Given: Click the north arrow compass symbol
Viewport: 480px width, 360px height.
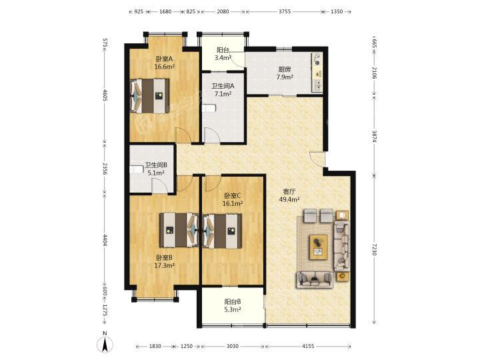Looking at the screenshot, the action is click(x=105, y=344).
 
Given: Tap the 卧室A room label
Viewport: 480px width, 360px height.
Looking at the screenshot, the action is click(x=165, y=59).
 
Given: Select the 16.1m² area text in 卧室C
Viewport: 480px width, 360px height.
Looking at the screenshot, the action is click(x=233, y=203).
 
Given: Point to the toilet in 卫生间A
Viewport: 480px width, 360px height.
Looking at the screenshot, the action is click(x=209, y=108).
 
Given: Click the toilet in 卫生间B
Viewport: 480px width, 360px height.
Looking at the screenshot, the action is click(x=137, y=169).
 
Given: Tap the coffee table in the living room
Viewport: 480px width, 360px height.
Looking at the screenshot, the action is click(x=319, y=247).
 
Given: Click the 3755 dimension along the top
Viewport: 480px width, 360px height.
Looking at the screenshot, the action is click(x=285, y=11).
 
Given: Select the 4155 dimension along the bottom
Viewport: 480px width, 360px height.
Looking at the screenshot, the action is click(x=308, y=346).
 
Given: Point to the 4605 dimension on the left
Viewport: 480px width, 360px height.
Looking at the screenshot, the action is click(x=105, y=95).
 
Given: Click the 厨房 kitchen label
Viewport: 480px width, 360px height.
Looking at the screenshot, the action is click(x=285, y=69).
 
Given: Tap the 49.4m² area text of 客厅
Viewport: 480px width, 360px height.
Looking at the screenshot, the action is click(x=289, y=199).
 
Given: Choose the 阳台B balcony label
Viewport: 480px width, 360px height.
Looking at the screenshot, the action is click(x=233, y=302).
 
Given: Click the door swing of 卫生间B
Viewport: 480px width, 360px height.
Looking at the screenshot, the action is click(x=160, y=187).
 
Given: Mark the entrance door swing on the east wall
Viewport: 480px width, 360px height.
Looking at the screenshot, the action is click(x=317, y=159).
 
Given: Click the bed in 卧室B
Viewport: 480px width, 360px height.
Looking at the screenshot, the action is click(x=179, y=230).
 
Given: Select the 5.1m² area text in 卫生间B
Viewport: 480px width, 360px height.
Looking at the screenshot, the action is click(x=156, y=173).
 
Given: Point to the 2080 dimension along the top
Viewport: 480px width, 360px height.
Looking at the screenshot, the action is click(x=223, y=11).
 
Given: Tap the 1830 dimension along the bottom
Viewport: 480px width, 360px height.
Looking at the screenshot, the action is click(x=155, y=346).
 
